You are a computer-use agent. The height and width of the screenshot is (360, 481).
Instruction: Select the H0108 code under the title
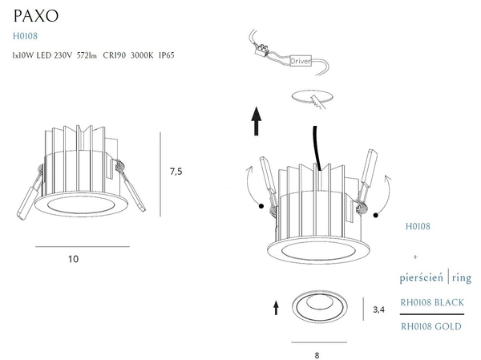(x=25, y=36)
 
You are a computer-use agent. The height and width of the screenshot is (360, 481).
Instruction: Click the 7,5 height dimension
(x=177, y=171)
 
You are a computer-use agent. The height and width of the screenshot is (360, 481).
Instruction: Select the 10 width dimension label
(x=74, y=259)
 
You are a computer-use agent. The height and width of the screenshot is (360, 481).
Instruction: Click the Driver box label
(x=301, y=61)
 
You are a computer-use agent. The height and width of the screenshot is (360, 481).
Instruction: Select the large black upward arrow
(x=257, y=122)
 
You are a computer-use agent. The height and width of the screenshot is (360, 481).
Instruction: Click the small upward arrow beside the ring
(x=277, y=306)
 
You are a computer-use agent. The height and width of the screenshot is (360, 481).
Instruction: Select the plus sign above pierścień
(x=414, y=257)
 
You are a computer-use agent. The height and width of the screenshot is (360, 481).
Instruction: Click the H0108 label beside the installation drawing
(x=418, y=227)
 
